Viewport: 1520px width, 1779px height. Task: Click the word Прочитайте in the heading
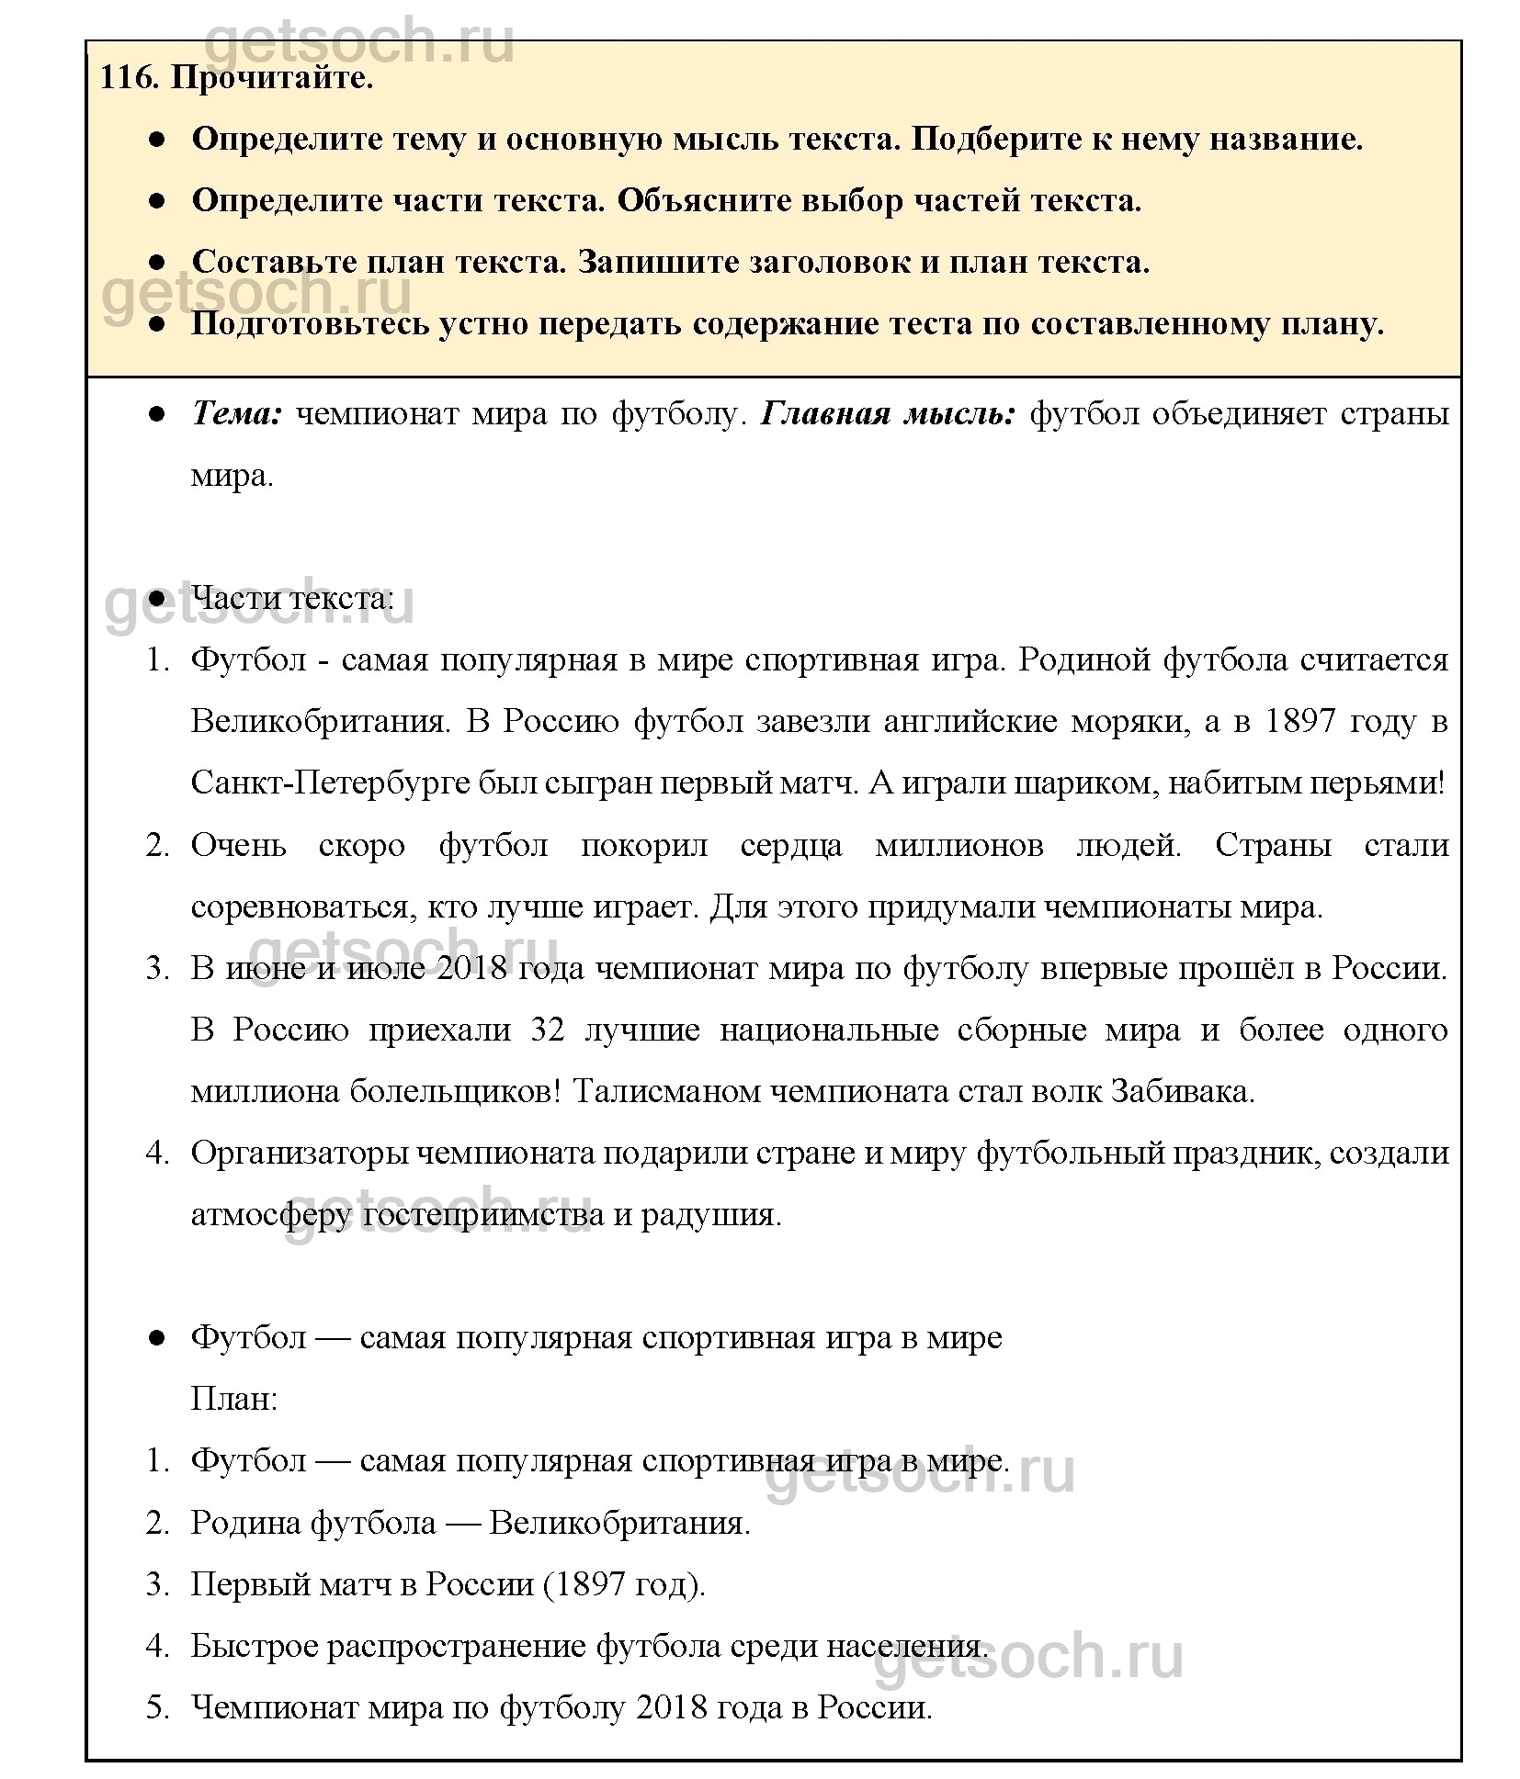point(272,78)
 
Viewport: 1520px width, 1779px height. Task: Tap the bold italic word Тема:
point(236,414)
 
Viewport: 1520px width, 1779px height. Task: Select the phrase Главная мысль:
point(888,414)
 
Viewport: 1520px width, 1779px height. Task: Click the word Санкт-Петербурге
point(333,783)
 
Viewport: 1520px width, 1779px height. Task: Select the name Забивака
point(1182,1091)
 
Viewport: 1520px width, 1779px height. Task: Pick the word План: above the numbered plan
point(233,1399)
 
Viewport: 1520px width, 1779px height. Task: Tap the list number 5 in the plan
point(157,1707)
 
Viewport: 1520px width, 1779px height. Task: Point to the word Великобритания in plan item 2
point(619,1522)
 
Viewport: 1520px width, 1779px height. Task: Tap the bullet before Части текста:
point(156,599)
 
